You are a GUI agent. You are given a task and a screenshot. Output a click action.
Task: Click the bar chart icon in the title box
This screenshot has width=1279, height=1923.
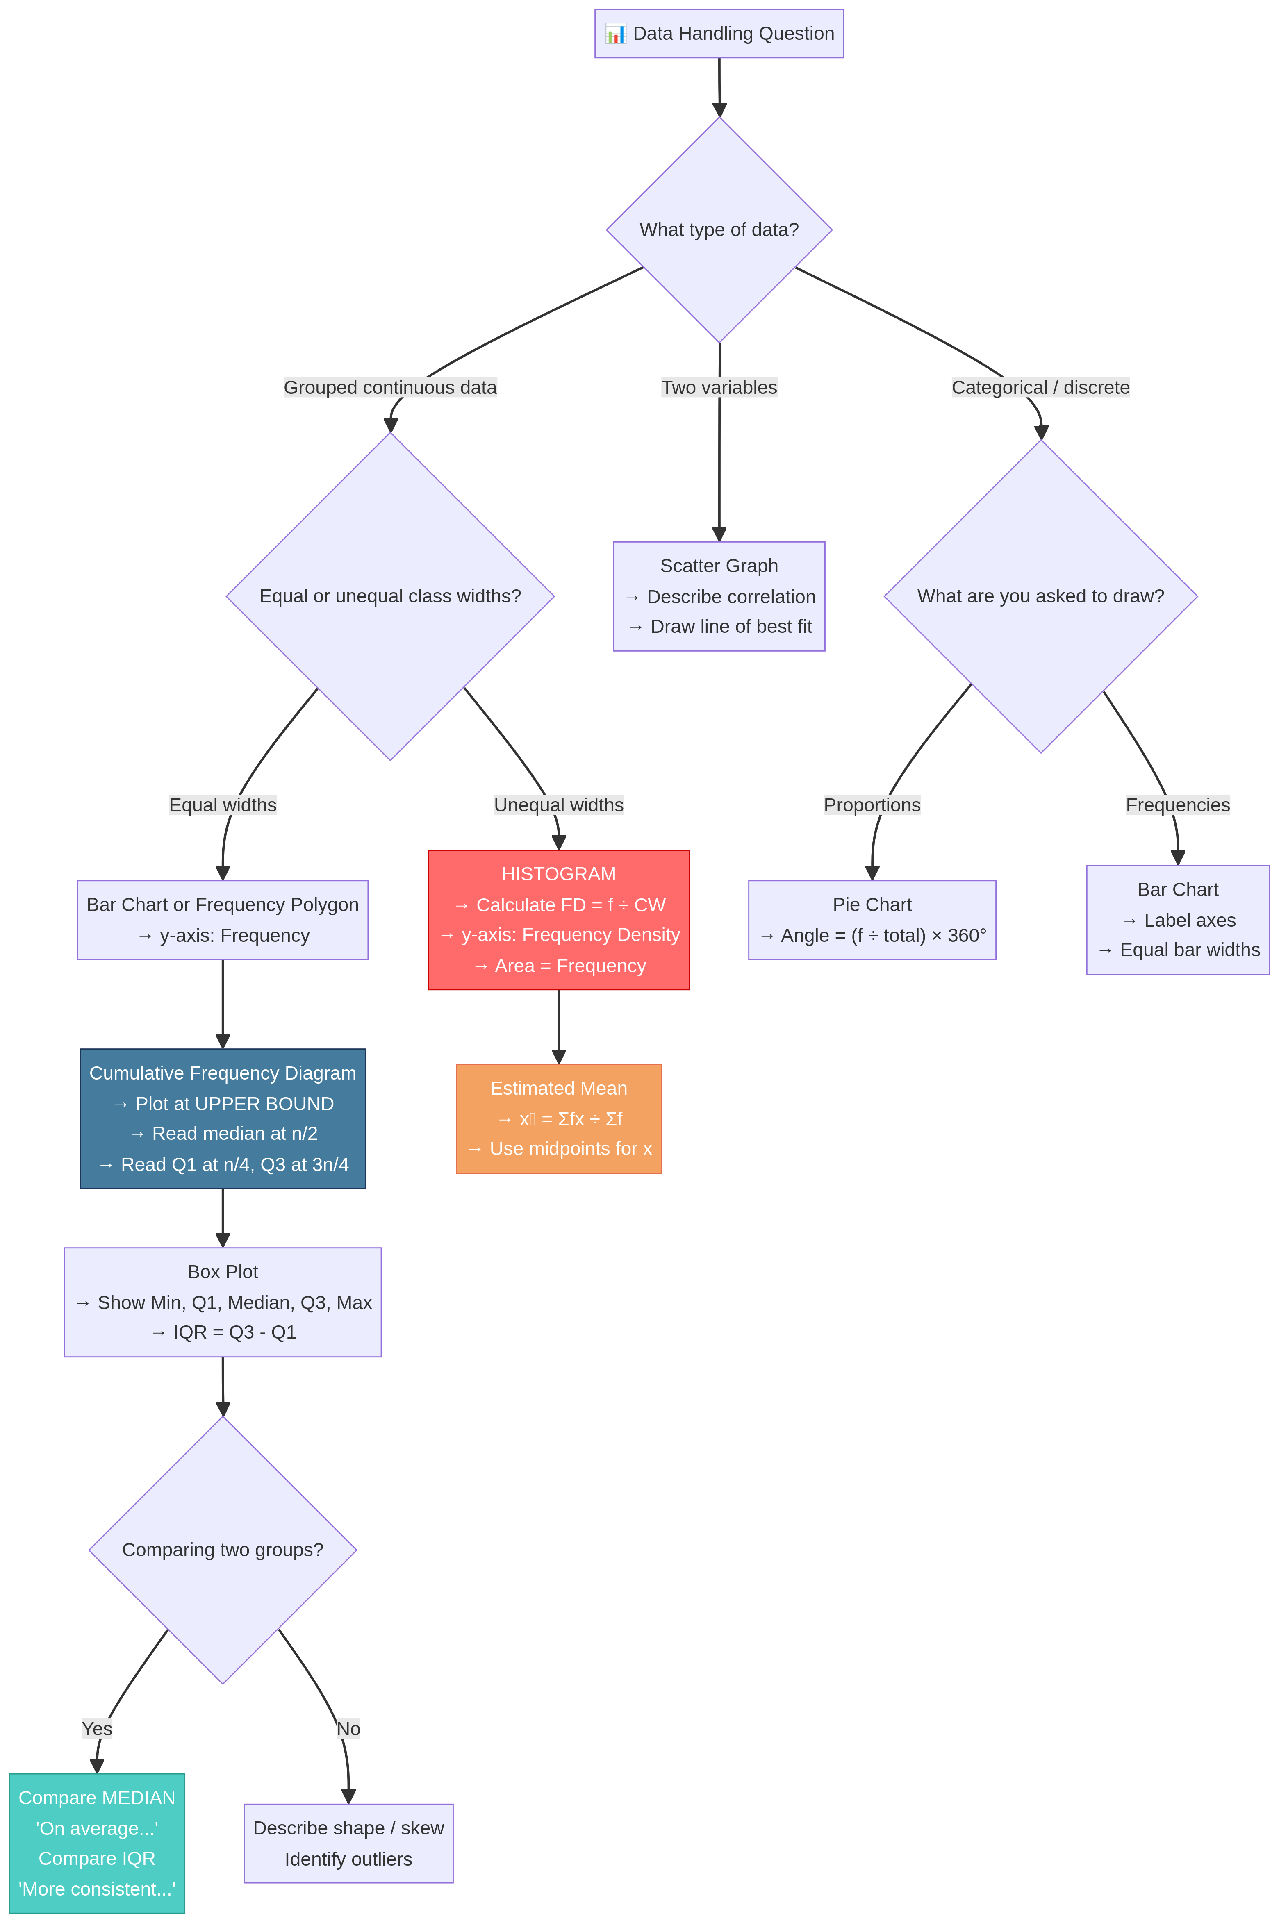(615, 34)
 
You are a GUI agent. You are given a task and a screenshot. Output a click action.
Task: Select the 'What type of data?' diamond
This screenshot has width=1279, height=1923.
(719, 230)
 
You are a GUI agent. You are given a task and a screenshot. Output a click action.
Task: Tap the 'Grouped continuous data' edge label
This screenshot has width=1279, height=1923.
(390, 387)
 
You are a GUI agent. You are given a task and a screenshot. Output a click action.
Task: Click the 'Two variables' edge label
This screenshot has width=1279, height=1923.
(719, 387)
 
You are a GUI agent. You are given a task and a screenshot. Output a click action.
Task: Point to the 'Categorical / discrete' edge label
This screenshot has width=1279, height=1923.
(1040, 387)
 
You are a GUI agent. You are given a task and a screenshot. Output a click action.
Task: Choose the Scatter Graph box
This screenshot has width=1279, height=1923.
(719, 596)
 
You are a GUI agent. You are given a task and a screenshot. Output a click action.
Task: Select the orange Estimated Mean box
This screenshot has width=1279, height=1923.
(559, 1118)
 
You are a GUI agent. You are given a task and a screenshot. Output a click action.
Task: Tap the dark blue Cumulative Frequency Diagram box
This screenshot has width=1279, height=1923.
(223, 1118)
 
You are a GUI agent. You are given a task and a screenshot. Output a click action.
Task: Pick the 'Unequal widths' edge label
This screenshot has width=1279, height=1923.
(559, 805)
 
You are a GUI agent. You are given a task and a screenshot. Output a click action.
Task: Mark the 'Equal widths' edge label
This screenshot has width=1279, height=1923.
(223, 805)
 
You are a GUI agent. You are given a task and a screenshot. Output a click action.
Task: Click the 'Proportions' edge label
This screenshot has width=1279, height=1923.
(872, 805)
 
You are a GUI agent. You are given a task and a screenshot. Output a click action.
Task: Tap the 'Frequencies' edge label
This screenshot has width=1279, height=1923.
(1177, 805)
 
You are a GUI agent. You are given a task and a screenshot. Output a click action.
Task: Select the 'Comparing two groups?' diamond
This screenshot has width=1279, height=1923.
(223, 1550)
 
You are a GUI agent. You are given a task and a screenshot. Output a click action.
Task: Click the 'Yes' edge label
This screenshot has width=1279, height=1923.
(97, 1729)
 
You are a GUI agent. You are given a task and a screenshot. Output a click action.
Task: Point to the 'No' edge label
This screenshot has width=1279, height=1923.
(348, 1729)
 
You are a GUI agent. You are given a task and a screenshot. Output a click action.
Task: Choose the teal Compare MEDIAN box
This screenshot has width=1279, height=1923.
(97, 1843)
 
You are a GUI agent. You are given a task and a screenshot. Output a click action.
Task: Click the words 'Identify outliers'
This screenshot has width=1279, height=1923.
(348, 1859)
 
